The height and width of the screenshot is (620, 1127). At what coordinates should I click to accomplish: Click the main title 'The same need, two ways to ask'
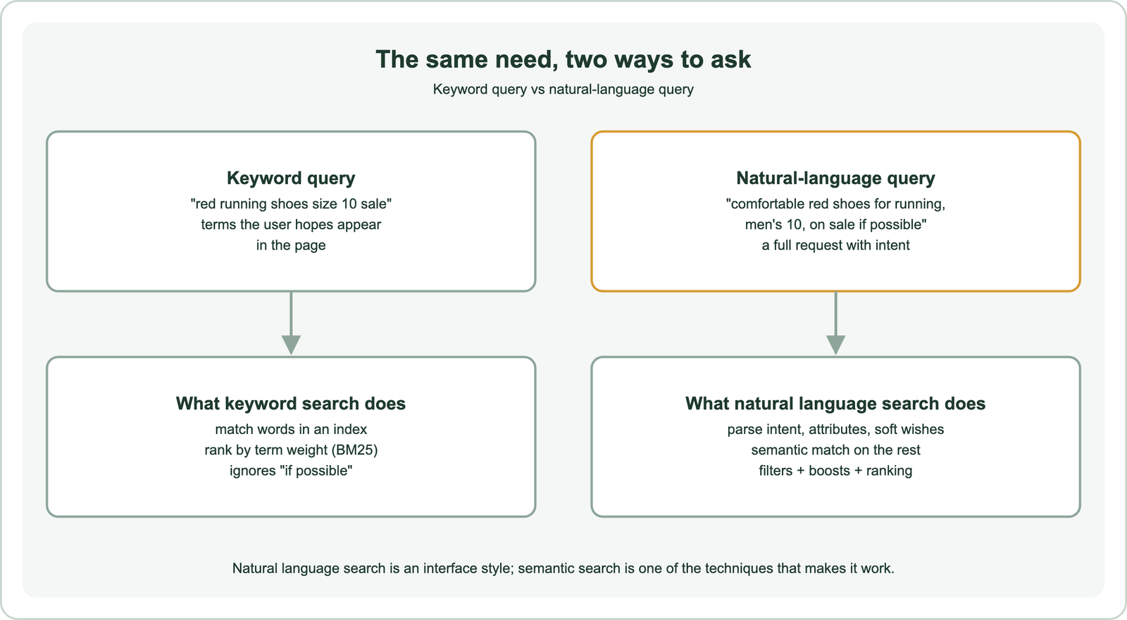[x=563, y=59]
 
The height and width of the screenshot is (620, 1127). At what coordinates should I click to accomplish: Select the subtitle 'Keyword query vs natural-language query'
[x=563, y=89]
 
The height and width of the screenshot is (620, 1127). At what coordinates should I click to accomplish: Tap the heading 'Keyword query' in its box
[x=291, y=178]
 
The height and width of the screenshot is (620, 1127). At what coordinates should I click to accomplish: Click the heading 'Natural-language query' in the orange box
[x=835, y=178]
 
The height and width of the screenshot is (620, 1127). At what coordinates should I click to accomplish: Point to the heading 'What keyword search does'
[x=291, y=404]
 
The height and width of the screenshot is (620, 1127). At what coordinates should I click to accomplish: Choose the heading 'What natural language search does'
[x=835, y=404]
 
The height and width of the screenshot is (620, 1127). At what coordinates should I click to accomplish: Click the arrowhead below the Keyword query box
[x=291, y=345]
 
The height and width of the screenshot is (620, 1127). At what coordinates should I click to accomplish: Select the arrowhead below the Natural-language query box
[x=835, y=345]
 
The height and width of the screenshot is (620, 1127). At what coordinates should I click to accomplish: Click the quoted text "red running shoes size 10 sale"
[x=291, y=204]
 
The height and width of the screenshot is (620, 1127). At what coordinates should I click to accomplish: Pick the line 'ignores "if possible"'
[x=291, y=471]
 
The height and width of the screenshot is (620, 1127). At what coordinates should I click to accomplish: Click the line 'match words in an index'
[x=291, y=429]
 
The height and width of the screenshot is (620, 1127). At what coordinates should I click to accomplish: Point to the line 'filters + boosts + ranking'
[x=835, y=471]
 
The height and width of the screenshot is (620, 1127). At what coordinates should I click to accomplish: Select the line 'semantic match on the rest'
[x=835, y=450]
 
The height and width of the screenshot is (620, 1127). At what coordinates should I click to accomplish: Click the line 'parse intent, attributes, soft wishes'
[x=835, y=429]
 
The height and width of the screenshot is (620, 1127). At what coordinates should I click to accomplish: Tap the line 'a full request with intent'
[x=835, y=246]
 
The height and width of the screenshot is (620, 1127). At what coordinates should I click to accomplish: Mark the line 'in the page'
[x=291, y=246]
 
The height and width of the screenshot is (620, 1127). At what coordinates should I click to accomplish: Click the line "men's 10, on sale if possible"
[x=835, y=225]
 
